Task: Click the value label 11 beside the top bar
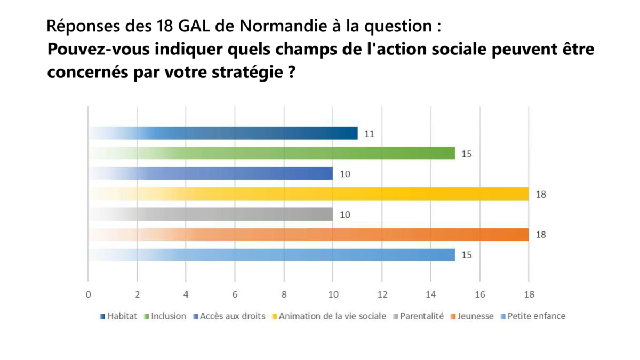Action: (369, 134)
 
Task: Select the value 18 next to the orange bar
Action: (540, 235)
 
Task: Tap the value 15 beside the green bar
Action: (467, 154)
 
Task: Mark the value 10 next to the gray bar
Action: (345, 215)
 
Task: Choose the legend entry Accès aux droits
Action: (232, 316)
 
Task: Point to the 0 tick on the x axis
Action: (89, 294)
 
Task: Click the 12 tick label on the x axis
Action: (382, 294)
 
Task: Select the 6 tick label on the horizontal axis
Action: (235, 294)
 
